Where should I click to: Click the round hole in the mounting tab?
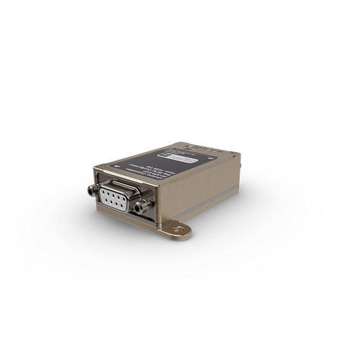tap(179, 229)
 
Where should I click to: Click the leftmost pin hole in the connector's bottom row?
tap(110, 198)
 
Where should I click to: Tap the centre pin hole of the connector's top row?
tap(118, 194)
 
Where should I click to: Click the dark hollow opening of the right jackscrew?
tap(143, 207)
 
